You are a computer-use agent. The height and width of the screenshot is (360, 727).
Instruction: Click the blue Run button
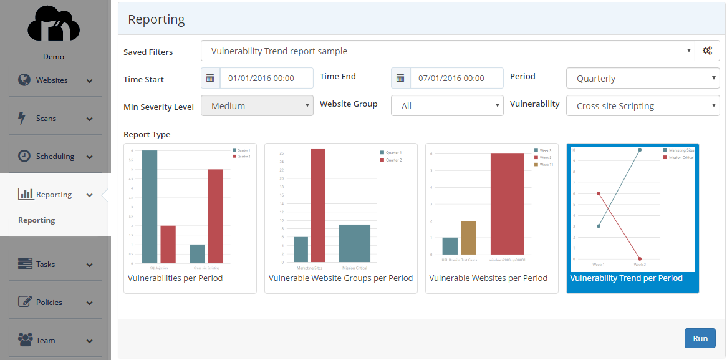coord(700,338)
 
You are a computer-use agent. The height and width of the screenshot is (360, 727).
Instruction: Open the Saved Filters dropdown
coord(447,51)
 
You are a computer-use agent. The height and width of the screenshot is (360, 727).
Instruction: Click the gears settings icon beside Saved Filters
coord(707,51)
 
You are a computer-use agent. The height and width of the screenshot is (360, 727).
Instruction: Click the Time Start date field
coord(266,79)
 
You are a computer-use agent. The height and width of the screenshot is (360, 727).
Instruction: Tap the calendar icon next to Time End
coord(400,79)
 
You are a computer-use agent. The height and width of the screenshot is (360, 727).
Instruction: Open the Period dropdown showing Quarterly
coord(642,79)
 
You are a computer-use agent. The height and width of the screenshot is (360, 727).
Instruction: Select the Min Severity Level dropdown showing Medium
coord(257,106)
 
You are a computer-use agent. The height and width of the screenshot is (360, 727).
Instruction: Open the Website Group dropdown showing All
coord(446,106)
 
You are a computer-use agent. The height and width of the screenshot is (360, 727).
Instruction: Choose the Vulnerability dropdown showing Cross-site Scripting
coord(642,106)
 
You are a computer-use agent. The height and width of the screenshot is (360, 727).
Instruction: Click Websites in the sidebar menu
coord(52,80)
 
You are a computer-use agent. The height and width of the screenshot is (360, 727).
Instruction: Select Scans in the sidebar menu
coord(46,119)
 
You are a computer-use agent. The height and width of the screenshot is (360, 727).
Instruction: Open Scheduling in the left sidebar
coord(55,157)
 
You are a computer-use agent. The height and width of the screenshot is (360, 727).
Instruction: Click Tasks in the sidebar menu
coord(46,265)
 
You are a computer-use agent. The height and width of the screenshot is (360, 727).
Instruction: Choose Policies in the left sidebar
coord(49,303)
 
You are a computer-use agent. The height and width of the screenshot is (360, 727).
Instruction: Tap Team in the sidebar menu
coord(46,341)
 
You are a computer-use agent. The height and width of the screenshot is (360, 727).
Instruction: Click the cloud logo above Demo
coord(54,25)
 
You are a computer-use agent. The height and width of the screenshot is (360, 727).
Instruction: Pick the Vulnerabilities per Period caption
coord(175,278)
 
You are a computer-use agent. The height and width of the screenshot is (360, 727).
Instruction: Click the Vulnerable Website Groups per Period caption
coord(340,278)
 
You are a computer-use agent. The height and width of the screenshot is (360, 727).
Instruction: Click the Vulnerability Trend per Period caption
coord(626,278)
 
